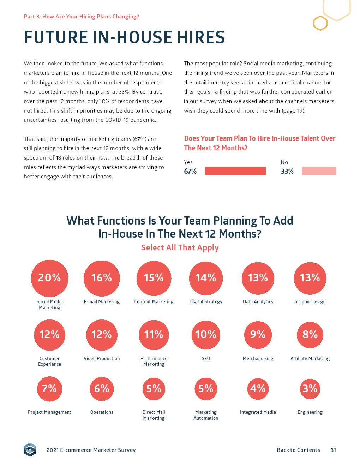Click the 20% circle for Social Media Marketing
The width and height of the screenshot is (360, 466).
pos(49,278)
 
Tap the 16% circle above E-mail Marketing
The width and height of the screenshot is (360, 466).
pos(102,278)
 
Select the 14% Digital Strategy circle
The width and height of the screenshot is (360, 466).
pos(206,278)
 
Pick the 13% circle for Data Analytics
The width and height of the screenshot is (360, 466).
pos(258,278)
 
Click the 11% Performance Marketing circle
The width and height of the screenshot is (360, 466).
pos(154,335)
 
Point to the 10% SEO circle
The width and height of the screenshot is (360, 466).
pos(206,335)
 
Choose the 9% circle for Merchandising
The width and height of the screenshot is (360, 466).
pos(258,335)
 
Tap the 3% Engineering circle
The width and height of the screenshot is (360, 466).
pos(310,389)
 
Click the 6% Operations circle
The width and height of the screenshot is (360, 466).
pos(102,389)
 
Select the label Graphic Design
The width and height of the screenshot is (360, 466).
pos(310,302)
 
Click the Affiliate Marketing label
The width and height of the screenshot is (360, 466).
pos(310,359)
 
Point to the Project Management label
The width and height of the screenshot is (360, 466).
pos(49,412)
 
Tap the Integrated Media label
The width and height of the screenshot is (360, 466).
pos(258,412)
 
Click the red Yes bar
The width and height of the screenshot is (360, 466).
pos(235,171)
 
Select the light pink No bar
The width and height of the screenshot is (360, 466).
pos(319,171)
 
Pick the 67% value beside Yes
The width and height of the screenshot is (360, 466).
pos(190,172)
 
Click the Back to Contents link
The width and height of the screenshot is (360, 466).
pos(298,450)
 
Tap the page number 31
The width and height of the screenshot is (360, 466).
pos(333,450)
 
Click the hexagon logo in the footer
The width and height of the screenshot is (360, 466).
pos(30,450)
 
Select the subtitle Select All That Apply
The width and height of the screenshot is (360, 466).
pos(180,248)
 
